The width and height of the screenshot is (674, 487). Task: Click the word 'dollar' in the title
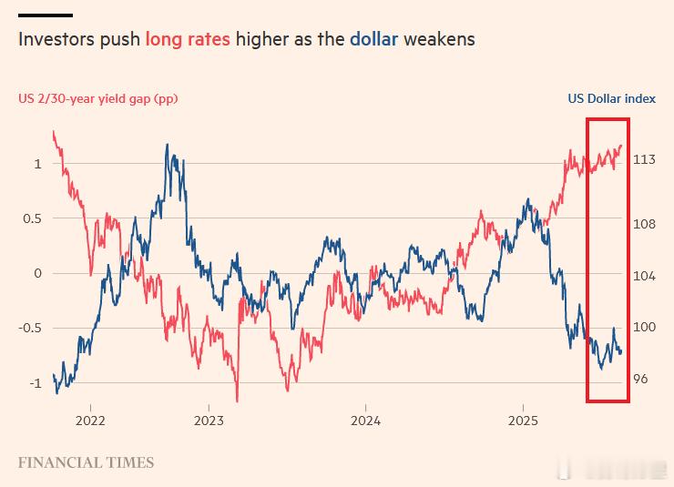coord(373,40)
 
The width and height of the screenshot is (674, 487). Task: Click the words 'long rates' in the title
coord(188,40)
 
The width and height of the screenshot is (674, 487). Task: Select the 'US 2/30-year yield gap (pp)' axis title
coord(97,98)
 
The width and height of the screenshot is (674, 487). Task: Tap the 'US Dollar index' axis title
coord(611,98)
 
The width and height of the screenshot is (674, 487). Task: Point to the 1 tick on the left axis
coord(38,164)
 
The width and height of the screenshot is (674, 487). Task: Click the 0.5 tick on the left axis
coord(32,218)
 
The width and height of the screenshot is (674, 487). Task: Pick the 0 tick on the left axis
coord(38,273)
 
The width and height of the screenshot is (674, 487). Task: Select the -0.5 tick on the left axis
coord(30,328)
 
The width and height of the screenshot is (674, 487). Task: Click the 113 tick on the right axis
coord(644,160)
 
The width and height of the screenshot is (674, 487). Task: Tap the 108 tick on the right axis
coord(644,224)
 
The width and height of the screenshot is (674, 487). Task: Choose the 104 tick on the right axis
coord(644,276)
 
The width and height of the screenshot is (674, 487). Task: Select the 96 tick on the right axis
coord(640,379)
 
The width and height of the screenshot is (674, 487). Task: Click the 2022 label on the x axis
coord(90,421)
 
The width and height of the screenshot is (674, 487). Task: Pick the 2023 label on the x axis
coord(209,421)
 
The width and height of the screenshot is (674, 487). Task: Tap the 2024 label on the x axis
coord(365,421)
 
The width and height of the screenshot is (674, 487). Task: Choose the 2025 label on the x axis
coord(523,421)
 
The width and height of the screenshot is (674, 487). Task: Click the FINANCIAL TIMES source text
coord(86,462)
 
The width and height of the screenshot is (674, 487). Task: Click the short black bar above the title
coord(45,15)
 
